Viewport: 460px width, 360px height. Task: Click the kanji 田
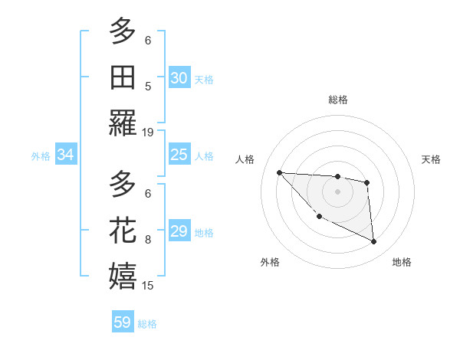tap(123, 77)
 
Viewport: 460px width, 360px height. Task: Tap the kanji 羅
tap(123, 123)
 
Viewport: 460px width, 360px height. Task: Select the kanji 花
tap(123, 231)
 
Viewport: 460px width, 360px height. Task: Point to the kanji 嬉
tap(123, 277)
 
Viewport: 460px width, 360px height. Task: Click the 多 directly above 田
tap(123, 31)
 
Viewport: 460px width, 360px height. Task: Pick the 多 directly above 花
tap(123, 185)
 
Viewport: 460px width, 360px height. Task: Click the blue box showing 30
tap(179, 78)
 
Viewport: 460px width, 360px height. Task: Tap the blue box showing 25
tap(179, 155)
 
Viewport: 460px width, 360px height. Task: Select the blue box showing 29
tap(179, 231)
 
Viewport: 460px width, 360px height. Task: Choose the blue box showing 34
tap(65, 155)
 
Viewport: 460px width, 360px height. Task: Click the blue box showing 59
tap(122, 322)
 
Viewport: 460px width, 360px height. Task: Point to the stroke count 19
tap(148, 133)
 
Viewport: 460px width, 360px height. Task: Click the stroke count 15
tap(148, 286)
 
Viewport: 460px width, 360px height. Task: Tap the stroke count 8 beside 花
tap(148, 240)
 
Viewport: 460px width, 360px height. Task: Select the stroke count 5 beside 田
tap(148, 87)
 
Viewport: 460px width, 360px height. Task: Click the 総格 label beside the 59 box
tap(147, 324)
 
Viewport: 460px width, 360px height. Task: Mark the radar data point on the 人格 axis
tap(279, 172)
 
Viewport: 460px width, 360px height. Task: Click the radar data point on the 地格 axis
tap(373, 242)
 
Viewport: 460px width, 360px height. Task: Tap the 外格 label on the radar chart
tap(270, 262)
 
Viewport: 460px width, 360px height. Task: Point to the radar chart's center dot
tap(337, 191)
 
